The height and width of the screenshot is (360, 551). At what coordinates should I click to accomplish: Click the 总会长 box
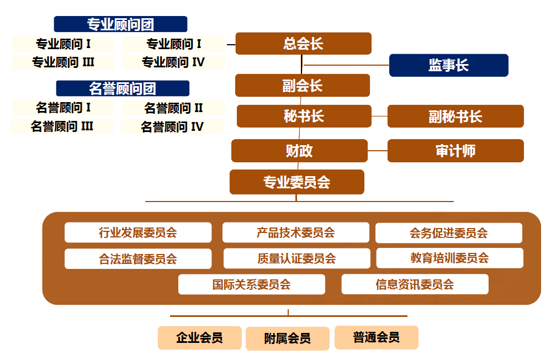[x=303, y=44]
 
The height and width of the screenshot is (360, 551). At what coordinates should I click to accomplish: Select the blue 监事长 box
[x=448, y=65]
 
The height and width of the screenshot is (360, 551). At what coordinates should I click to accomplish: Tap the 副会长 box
[x=302, y=86]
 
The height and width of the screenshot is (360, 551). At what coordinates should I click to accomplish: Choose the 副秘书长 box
[x=455, y=117]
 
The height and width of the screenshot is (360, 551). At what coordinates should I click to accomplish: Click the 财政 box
[x=299, y=151]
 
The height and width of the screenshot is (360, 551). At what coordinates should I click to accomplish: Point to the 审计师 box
[x=455, y=151]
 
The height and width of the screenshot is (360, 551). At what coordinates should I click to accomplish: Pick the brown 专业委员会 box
[x=296, y=182]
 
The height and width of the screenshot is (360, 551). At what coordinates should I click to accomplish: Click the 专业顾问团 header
[x=120, y=24]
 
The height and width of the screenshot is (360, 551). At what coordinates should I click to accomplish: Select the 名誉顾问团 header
[x=123, y=88]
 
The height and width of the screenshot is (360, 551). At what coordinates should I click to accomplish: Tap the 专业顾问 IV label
[x=173, y=62]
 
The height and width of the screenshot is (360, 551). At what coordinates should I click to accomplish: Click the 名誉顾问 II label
[x=173, y=108]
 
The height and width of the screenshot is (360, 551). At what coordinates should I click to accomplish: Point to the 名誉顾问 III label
[x=62, y=126]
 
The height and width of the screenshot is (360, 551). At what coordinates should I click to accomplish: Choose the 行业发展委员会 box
[x=138, y=232]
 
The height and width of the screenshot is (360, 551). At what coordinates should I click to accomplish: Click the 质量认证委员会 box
[x=296, y=258]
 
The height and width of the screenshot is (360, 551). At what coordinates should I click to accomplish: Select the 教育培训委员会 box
[x=449, y=258]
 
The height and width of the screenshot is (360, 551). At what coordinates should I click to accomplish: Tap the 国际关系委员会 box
[x=251, y=284]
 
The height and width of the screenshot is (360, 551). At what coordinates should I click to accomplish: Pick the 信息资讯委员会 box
[x=415, y=284]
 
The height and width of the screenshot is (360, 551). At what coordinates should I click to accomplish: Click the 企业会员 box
[x=199, y=337]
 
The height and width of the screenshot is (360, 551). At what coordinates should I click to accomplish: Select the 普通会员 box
[x=376, y=337]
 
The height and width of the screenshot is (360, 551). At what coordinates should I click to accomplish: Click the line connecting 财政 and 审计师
[x=377, y=151]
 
